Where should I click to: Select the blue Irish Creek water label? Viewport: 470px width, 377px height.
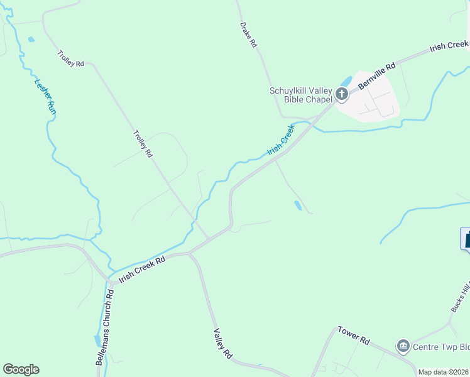(x=281, y=139)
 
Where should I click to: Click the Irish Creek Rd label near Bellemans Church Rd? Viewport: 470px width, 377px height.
(x=142, y=268)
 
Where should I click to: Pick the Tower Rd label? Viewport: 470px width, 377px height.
(x=354, y=334)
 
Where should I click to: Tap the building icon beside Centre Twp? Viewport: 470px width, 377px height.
(x=403, y=346)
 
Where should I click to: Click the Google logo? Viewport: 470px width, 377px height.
(x=21, y=369)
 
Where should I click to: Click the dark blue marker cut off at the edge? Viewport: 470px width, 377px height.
(x=466, y=239)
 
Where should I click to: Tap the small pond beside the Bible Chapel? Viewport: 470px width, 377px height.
(x=345, y=82)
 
